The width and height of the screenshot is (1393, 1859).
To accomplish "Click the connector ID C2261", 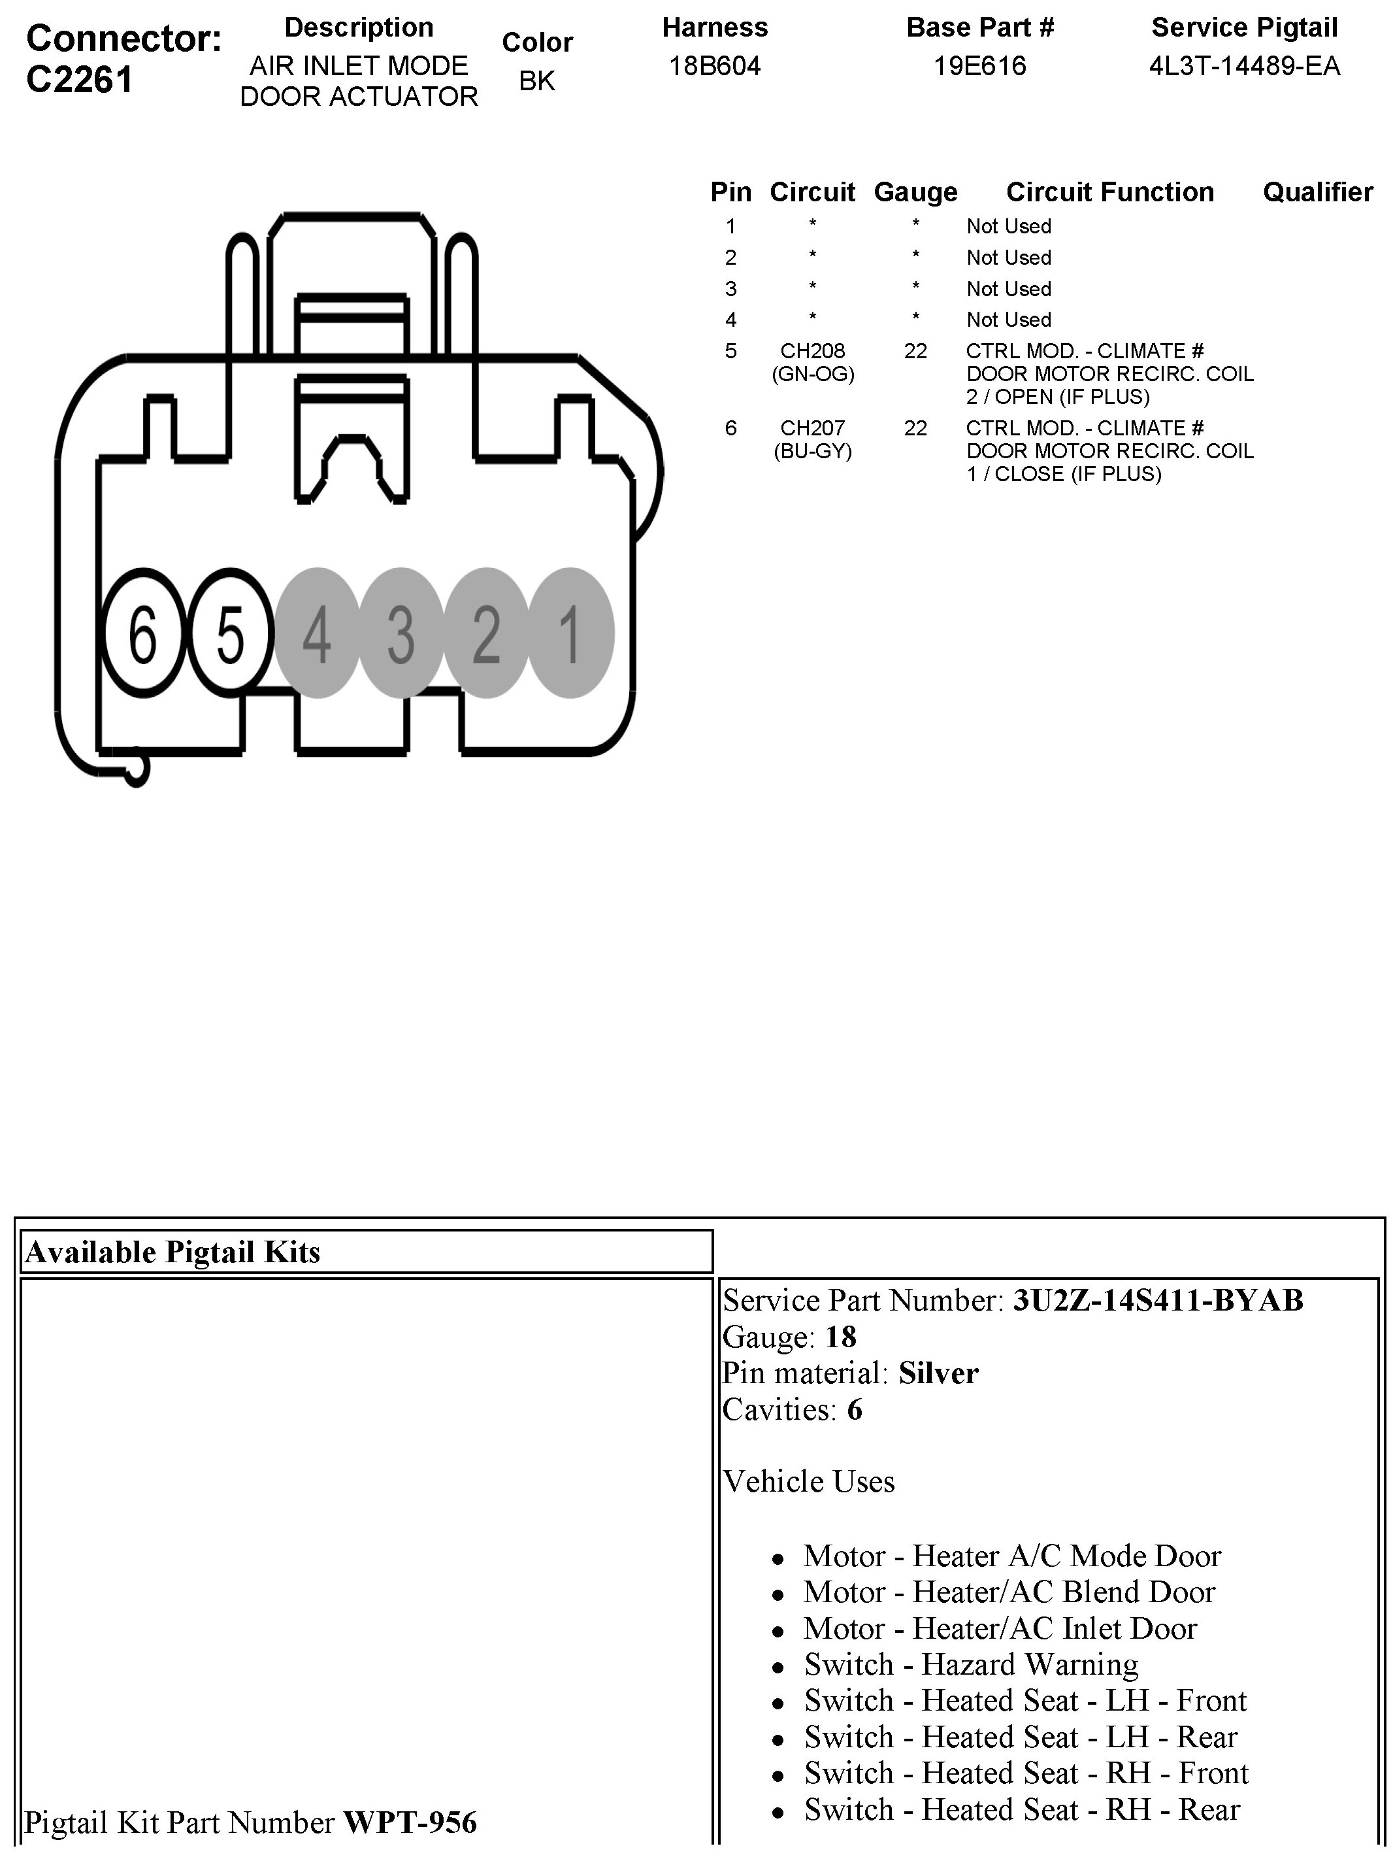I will tap(80, 80).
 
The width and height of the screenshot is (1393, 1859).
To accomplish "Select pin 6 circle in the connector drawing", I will tap(143, 633).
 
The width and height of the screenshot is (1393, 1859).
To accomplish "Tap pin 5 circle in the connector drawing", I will tap(229, 633).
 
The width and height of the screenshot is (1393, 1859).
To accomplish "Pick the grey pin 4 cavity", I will tap(317, 633).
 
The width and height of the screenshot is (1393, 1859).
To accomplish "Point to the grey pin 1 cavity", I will tap(571, 633).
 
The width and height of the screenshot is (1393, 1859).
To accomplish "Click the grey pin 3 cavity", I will tap(401, 633).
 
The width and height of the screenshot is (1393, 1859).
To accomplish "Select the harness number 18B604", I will tap(714, 67).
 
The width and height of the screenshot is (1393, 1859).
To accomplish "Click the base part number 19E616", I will tap(979, 67).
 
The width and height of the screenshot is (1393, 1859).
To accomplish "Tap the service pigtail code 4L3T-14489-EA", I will tap(1244, 67).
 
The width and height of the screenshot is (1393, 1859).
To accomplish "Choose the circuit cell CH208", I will tap(812, 350).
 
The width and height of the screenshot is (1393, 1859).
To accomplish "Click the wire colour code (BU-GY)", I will tap(812, 451).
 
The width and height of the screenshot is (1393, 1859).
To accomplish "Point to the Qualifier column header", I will tap(1317, 192).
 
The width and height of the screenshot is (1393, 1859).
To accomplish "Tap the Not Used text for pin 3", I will tap(1008, 289).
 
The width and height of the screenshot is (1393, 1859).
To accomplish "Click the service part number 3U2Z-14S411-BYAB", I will tap(1158, 1300).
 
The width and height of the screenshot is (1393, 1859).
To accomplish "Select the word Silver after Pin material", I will tap(938, 1373).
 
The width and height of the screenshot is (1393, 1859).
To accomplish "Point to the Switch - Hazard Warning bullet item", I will tap(970, 1664).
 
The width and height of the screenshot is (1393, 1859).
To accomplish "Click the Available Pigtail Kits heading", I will tap(173, 1252).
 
